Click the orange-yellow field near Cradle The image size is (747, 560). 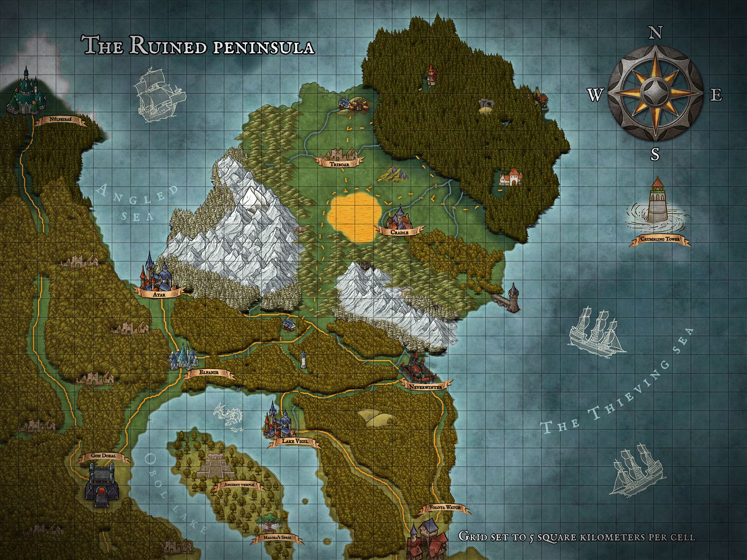coord(354,217)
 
